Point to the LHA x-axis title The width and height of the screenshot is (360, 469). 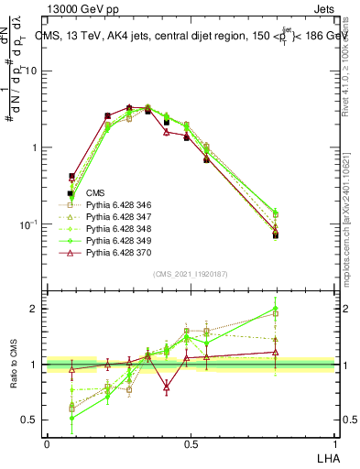click(327, 457)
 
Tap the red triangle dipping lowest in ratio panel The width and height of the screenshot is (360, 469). click(166, 387)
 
